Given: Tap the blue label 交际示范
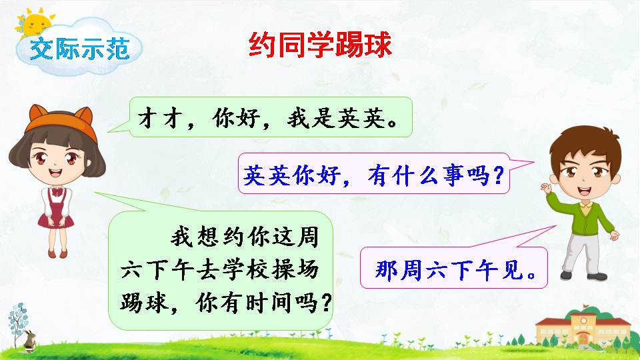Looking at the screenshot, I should point(79,50).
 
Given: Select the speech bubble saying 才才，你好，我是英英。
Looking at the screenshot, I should point(270,117).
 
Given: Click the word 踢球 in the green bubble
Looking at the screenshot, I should point(141,303).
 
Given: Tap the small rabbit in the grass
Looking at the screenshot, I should point(29,341).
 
